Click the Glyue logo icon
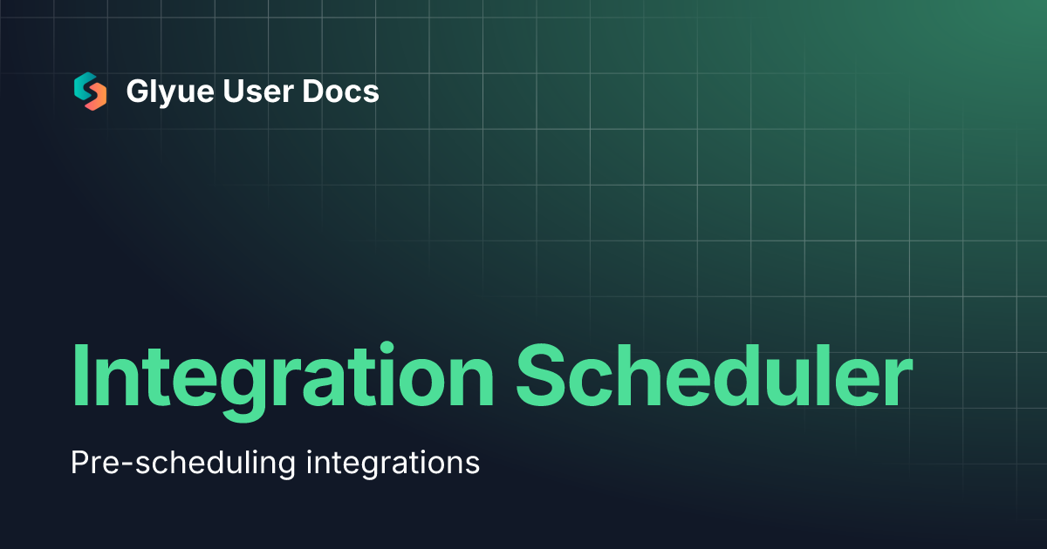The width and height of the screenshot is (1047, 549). (90, 91)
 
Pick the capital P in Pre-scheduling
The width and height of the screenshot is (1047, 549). (79, 462)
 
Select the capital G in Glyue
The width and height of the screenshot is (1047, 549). (136, 91)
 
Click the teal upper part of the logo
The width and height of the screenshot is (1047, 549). (86, 85)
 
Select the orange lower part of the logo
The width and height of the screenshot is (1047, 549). (95, 98)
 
